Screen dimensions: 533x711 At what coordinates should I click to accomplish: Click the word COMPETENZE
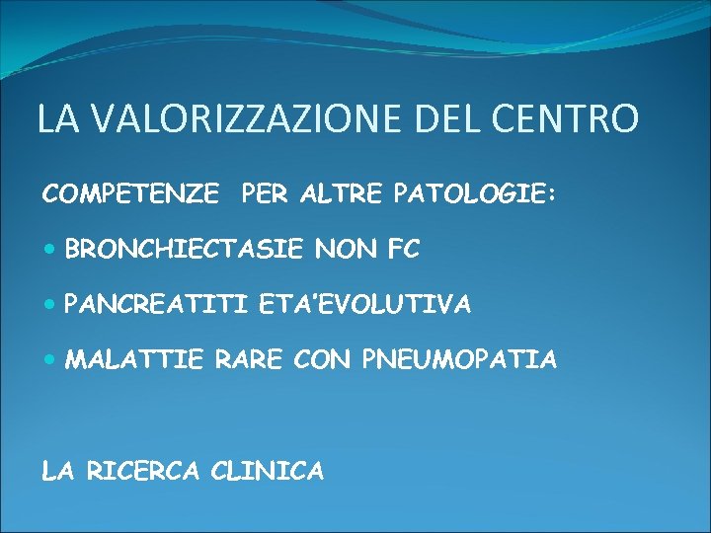pyautogui.click(x=131, y=195)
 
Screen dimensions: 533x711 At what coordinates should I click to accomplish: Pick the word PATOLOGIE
pyautogui.click(x=470, y=195)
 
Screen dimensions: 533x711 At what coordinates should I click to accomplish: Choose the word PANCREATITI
pyautogui.click(x=157, y=306)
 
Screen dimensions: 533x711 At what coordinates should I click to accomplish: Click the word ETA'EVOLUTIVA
pyautogui.click(x=365, y=306)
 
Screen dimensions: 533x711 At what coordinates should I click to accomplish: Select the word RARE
pyautogui.click(x=246, y=360)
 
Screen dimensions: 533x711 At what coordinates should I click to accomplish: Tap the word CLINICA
pyautogui.click(x=268, y=472)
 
